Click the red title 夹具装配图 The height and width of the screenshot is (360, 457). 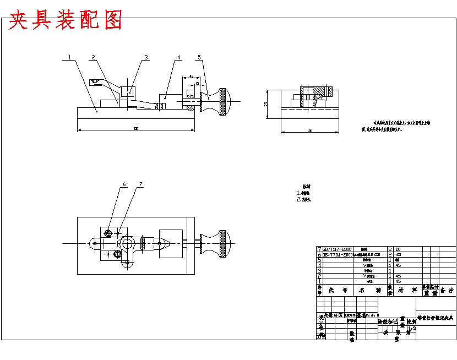coord(66,20)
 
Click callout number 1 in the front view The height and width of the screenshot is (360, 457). coord(69,57)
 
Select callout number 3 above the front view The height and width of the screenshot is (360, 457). coord(146,57)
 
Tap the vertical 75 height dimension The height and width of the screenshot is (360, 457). coord(265,103)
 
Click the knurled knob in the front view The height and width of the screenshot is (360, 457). coord(223,102)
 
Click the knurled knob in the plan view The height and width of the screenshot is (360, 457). coord(222,243)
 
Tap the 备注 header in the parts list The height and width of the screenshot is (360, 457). coord(448,290)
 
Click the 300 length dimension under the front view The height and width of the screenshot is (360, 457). coord(135,129)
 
